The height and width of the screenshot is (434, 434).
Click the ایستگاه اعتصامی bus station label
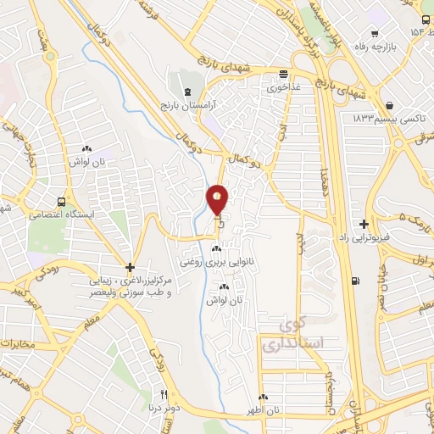click(x=60, y=215)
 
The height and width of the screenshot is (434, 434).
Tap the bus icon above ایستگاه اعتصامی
click(x=61, y=202)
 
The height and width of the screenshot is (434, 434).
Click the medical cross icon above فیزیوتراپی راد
click(x=364, y=225)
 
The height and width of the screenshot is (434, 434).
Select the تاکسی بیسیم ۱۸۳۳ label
click(x=389, y=120)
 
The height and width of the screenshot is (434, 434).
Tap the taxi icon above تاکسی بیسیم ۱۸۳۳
click(x=389, y=106)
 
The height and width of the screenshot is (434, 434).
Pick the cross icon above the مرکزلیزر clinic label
click(x=129, y=266)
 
